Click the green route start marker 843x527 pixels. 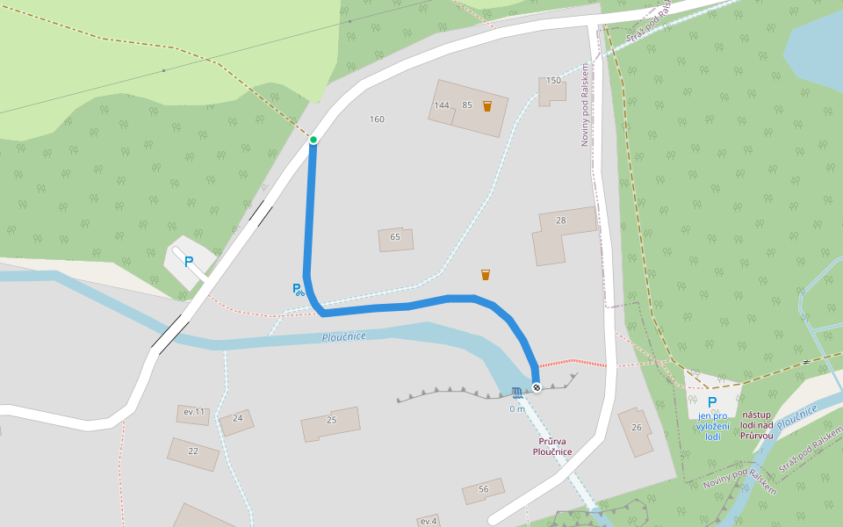click(313, 140)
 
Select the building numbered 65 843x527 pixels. click(395, 238)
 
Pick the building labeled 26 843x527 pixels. click(636, 430)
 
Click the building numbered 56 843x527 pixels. click(483, 490)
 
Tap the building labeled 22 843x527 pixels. click(193, 451)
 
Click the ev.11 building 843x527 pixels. click(193, 413)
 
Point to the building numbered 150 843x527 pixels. click(552, 89)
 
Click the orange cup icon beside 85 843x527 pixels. click(487, 106)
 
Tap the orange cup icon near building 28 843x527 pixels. click(486, 275)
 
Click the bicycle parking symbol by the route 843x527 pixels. click(299, 289)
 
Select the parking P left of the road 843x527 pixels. click(188, 262)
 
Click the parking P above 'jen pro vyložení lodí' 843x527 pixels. click(712, 402)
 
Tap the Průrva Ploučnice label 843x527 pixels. click(552, 446)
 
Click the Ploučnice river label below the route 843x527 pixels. click(343, 336)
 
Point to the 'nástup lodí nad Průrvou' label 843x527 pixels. click(756, 424)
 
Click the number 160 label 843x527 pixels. click(377, 119)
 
